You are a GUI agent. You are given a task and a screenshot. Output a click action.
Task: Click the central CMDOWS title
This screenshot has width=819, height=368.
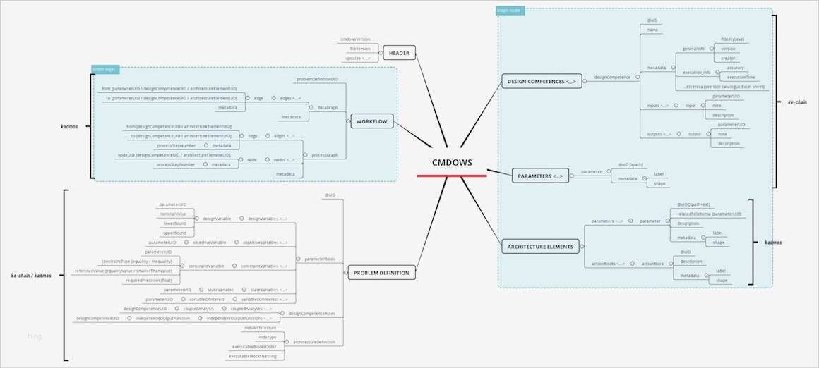click(x=453, y=163)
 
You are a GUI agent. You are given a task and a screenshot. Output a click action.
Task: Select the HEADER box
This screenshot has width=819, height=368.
click(x=400, y=53)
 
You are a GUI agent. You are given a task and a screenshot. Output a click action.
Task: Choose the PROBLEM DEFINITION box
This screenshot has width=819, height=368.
click(x=382, y=272)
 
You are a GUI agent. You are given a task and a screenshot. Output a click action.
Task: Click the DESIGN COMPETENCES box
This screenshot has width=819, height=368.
click(x=542, y=82)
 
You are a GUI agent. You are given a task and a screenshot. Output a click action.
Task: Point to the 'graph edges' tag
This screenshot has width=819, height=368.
click(x=105, y=69)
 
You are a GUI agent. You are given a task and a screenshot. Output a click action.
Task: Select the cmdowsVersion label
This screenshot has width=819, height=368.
click(x=355, y=39)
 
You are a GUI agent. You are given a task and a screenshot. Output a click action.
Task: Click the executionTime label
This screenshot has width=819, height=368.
click(x=741, y=77)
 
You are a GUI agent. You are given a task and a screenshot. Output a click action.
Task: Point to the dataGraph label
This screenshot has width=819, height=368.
click(x=328, y=107)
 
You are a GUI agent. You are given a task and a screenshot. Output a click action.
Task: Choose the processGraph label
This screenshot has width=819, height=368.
click(x=325, y=154)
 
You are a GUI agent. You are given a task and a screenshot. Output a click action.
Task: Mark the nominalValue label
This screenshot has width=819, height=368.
click(x=172, y=213)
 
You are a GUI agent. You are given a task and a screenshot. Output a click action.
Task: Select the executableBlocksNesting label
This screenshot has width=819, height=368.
click(x=256, y=356)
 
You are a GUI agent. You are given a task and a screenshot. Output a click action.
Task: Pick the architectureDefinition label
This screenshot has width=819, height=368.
click(x=314, y=342)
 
